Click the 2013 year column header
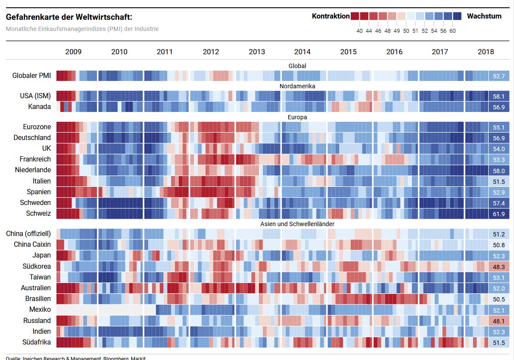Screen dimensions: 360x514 [x=257, y=52]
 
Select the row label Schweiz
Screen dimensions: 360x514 [x=38, y=213]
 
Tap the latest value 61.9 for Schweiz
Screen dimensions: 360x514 [x=499, y=214]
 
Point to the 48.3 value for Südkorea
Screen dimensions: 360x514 [x=499, y=267]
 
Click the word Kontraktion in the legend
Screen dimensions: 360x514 [x=331, y=16]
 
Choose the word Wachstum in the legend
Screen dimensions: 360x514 [x=484, y=16]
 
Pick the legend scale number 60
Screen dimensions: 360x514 [x=452, y=31]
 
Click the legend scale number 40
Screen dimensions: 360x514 [x=359, y=31]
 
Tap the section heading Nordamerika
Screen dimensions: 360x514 [x=297, y=86]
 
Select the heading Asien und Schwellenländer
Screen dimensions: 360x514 [x=297, y=224]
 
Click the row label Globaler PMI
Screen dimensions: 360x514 [x=31, y=76]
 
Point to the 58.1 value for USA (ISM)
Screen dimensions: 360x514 [x=499, y=96]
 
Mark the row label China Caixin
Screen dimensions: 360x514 [x=32, y=245]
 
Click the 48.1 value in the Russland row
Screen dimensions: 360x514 [x=499, y=321]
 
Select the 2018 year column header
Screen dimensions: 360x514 [x=486, y=52]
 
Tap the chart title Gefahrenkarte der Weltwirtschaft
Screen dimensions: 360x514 [x=69, y=17]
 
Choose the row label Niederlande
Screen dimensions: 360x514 [x=33, y=170]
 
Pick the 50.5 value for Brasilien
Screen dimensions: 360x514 [x=499, y=299]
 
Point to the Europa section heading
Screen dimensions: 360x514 [x=297, y=117]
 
